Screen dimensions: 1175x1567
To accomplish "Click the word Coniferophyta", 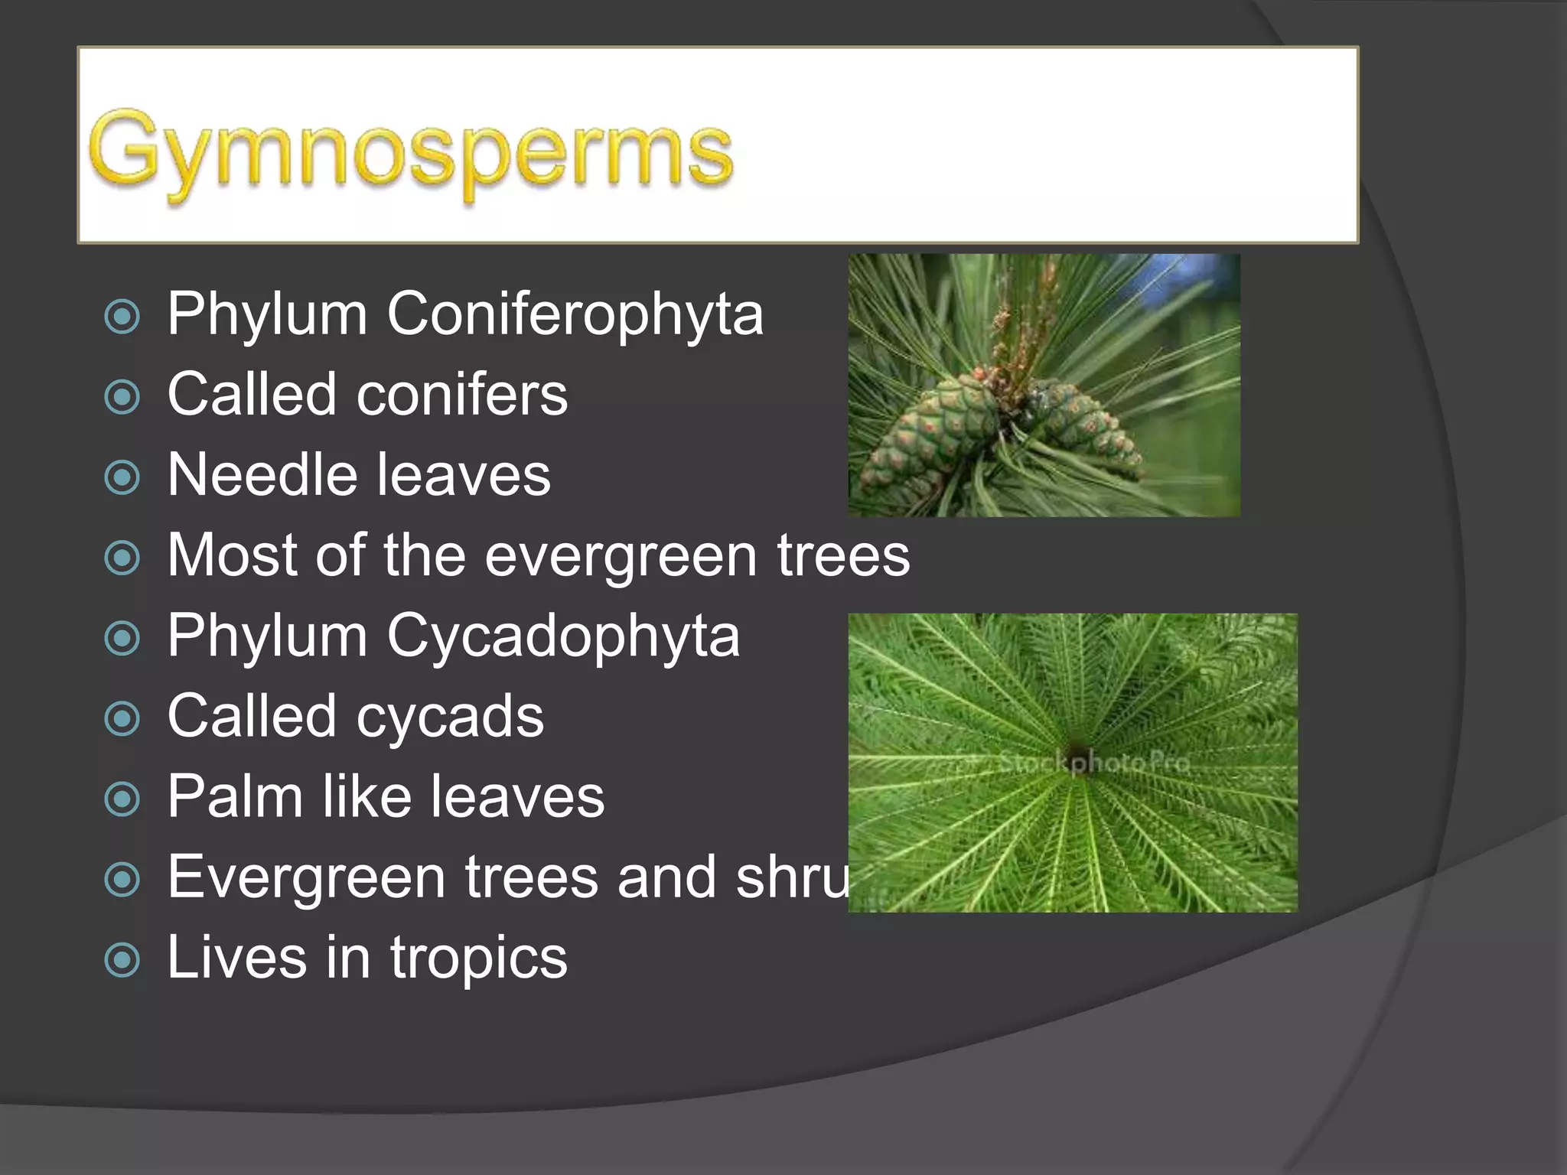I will pos(575,314).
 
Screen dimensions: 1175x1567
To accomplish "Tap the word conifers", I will pos(462,395).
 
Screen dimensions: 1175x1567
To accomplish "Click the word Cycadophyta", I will pos(563,636).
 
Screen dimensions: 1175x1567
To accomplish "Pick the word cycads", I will pos(450,717).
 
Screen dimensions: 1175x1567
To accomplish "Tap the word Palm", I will pos(234,797).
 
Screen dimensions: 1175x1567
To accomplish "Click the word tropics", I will pos(478,958).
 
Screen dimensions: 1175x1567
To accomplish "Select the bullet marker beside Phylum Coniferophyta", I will pos(122,316).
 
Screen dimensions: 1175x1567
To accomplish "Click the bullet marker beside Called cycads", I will pos(122,718).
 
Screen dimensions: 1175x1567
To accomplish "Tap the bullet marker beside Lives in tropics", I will pos(122,959).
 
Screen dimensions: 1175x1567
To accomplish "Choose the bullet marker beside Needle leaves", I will pos(122,477).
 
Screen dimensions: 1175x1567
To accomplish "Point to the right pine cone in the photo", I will pos(1083,421).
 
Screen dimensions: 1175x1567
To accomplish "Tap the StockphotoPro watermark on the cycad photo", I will pos(1094,763).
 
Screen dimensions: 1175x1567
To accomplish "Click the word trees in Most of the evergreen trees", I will pos(843,556).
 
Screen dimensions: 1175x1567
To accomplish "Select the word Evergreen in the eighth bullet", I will pos(306,877).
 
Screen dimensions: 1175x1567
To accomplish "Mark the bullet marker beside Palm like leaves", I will pos(122,799).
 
